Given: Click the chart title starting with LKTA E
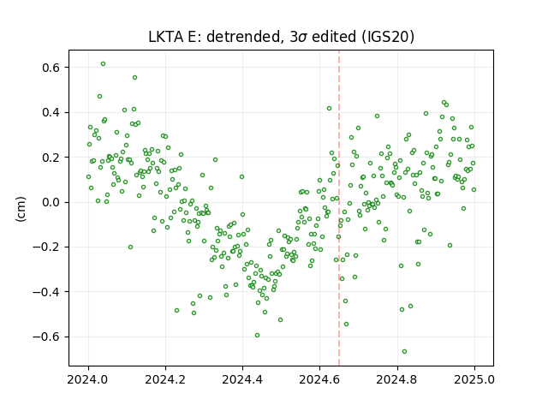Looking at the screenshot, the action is point(282,37).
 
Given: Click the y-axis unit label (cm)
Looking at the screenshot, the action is point(21,209).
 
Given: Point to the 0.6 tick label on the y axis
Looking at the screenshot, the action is point(51,68).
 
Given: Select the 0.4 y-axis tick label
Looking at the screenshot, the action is point(51,112).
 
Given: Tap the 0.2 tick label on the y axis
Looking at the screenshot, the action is point(51,158).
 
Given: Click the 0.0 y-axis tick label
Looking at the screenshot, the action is point(51,202).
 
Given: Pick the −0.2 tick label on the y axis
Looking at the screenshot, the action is point(47,247).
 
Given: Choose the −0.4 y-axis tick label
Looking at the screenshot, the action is point(47,292).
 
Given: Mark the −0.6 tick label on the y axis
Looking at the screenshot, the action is point(47,337).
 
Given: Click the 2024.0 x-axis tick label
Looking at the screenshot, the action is point(88,379).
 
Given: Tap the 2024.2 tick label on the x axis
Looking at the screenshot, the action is point(165,379).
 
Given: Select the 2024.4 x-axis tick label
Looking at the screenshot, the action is point(242,379).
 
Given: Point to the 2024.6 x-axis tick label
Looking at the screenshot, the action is point(319,379).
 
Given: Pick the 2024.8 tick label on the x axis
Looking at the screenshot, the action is point(397,379).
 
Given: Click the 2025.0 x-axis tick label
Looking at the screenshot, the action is point(474,379).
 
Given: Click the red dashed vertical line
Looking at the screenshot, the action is point(339,208).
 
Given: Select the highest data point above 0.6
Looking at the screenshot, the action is point(103,64).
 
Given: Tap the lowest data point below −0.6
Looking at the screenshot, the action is point(404,352).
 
